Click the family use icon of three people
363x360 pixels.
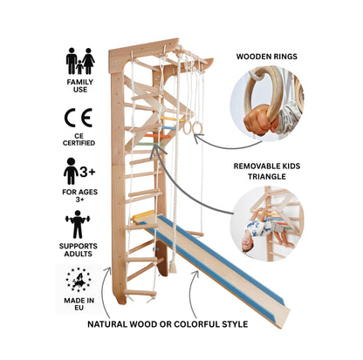point(80,61)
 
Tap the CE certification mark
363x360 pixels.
point(79,118)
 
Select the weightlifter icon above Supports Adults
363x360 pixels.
point(78,225)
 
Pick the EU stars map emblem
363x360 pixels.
point(78,280)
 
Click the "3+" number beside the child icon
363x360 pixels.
point(87,172)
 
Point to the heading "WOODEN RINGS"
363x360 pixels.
point(267,57)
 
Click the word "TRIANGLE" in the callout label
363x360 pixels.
point(267,176)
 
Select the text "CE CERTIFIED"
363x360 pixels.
point(79,139)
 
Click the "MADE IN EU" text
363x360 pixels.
point(79,304)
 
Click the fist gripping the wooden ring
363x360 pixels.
point(258,120)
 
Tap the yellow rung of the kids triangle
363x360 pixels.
point(173,119)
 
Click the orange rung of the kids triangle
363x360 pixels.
point(157,136)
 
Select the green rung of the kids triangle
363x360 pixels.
point(149,144)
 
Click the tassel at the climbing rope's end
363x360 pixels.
point(173,266)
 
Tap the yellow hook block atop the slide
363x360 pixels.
point(143,215)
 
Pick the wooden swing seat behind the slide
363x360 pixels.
point(194,234)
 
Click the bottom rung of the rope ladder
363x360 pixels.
point(140,293)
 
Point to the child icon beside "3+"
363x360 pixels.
point(71,171)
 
